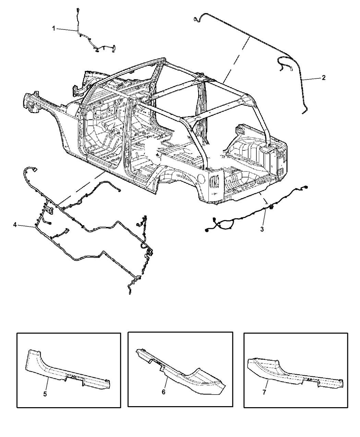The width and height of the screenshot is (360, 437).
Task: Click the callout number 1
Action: pyautogui.click(x=53, y=28)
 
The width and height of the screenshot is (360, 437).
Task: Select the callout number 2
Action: pyautogui.click(x=324, y=78)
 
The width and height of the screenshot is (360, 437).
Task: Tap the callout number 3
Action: pyautogui.click(x=262, y=229)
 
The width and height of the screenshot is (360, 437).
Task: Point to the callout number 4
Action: pyautogui.click(x=15, y=225)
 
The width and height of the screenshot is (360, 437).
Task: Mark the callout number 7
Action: pyautogui.click(x=264, y=392)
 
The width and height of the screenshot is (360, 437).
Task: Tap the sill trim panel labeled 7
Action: pyautogui.click(x=295, y=373)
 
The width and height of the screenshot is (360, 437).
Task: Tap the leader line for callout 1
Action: pyautogui.click(x=67, y=30)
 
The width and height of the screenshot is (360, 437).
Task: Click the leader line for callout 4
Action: pyautogui.click(x=26, y=226)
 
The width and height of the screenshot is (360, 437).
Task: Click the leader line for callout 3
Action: pyautogui.click(x=264, y=218)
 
